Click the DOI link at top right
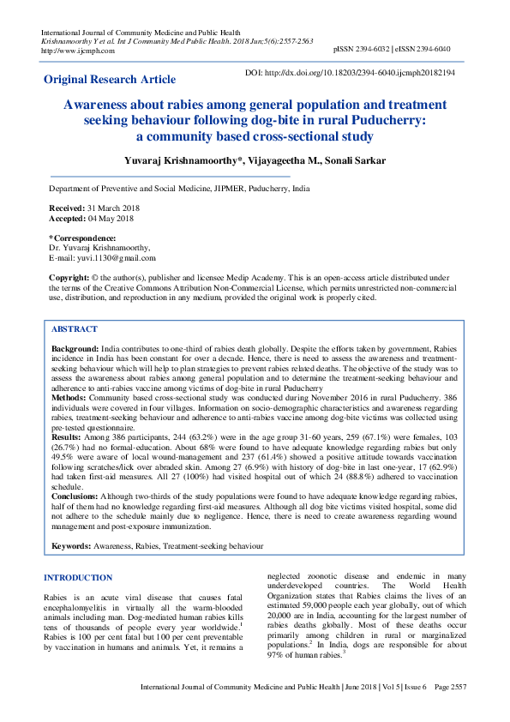click(351, 74)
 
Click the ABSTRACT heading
click(75, 329)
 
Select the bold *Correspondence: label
click(82, 238)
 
